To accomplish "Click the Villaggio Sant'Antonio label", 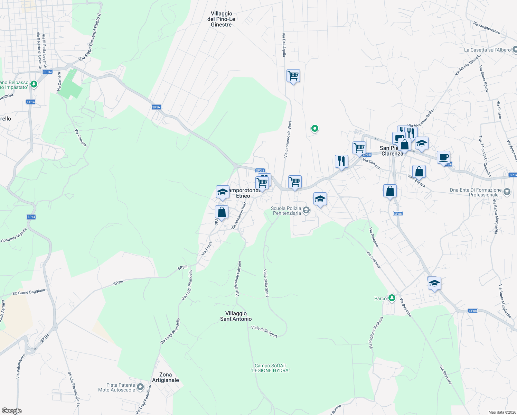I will pyautogui.click(x=236, y=316).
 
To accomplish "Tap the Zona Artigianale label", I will pyautogui.click(x=166, y=377).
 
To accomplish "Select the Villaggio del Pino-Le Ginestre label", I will pyautogui.click(x=221, y=19).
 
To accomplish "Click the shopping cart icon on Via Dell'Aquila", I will pyautogui.click(x=293, y=75).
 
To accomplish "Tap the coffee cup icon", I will pyautogui.click(x=443, y=157).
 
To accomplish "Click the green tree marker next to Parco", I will pyautogui.click(x=392, y=297).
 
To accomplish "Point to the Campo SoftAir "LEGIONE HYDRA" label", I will pyautogui.click(x=270, y=368).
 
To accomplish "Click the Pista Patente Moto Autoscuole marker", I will pyautogui.click(x=140, y=387).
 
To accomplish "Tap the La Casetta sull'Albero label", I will pyautogui.click(x=487, y=50).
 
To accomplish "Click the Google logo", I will pyautogui.click(x=11, y=411).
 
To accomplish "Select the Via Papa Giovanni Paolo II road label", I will pyautogui.click(x=90, y=37).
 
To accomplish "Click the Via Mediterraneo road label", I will pyautogui.click(x=487, y=28).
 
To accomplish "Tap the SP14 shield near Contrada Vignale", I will pyautogui.click(x=31, y=217).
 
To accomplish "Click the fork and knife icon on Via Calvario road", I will pyautogui.click(x=341, y=161).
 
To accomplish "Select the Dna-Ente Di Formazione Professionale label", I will pyautogui.click(x=476, y=192).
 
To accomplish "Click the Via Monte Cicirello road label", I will pyautogui.click(x=468, y=65).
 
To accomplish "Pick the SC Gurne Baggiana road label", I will pyautogui.click(x=29, y=292).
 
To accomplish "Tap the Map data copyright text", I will pyautogui.click(x=501, y=412).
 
